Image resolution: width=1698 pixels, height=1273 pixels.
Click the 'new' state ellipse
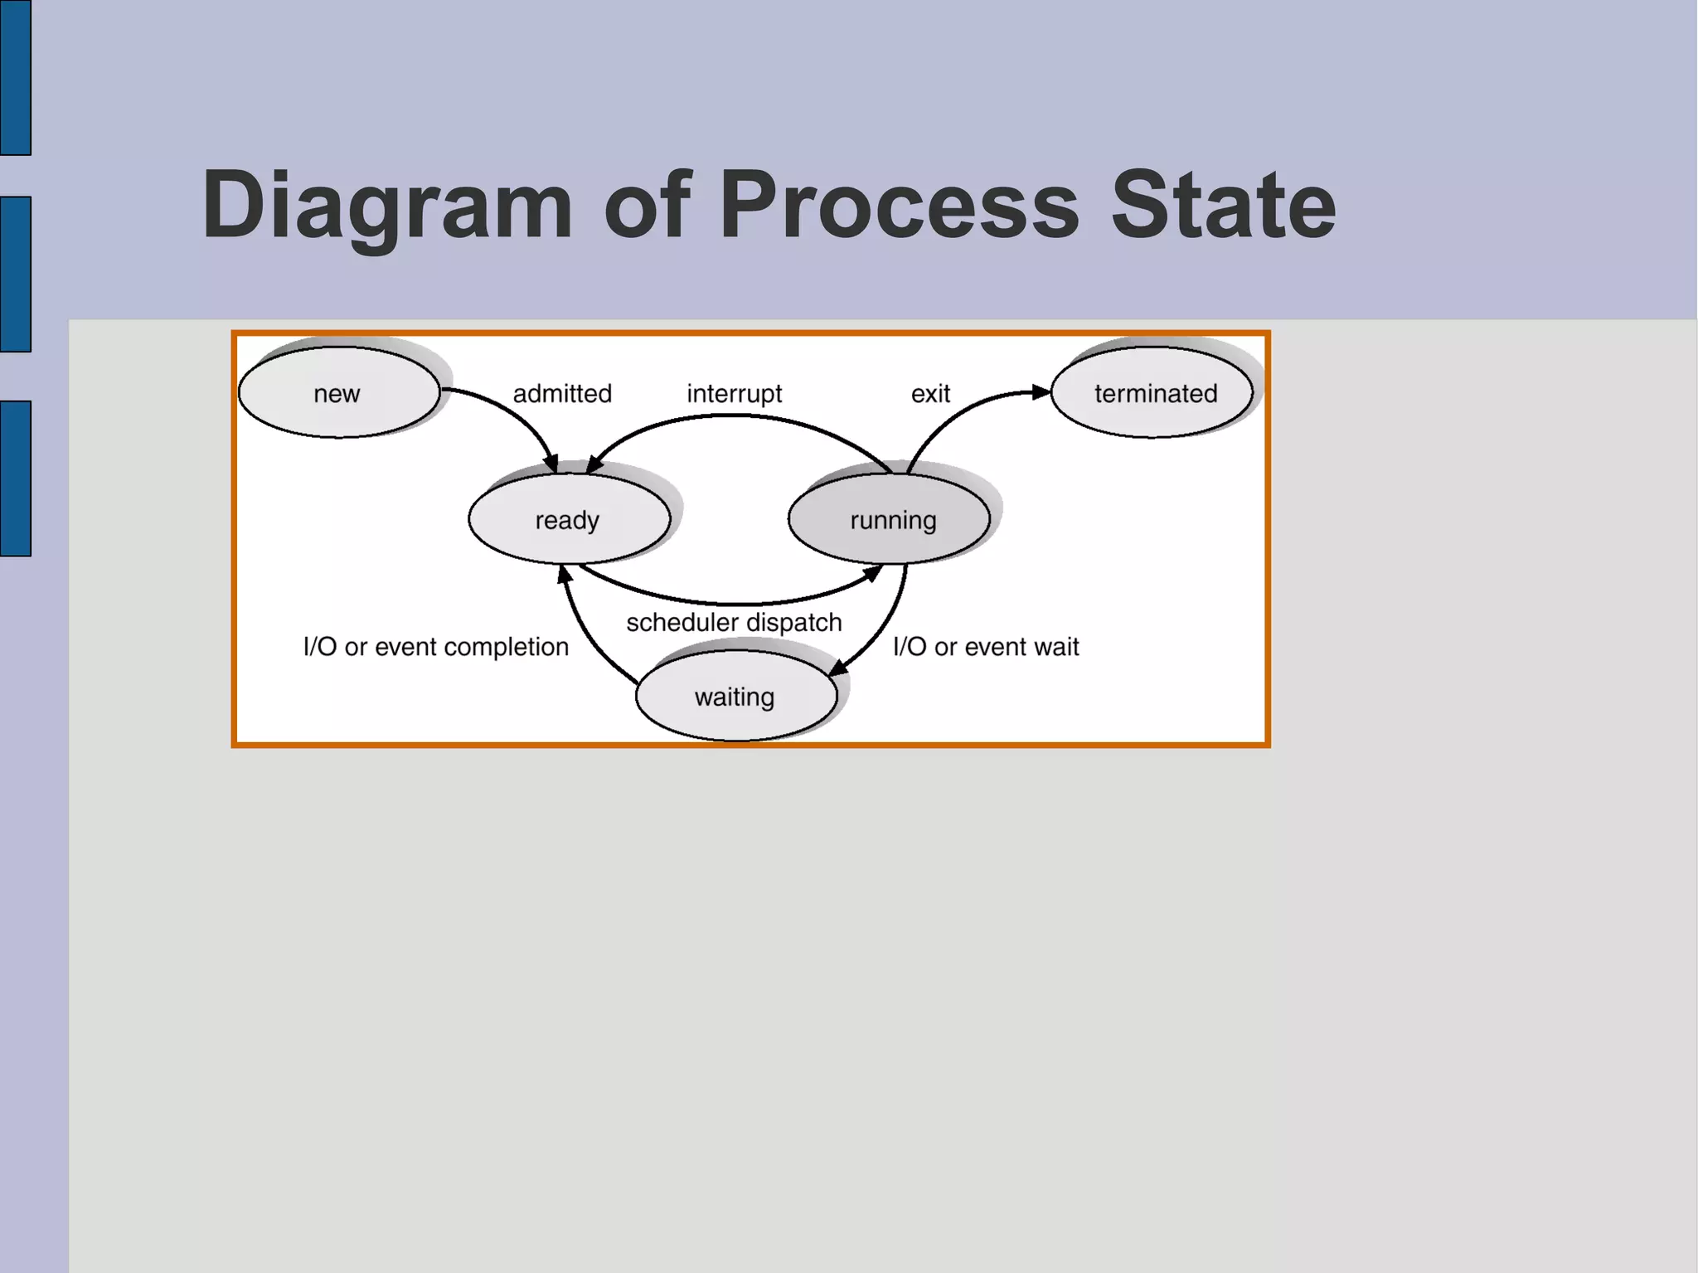point(338,392)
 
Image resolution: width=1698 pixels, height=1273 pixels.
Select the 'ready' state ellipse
point(569,519)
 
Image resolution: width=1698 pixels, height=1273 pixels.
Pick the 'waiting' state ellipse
point(735,696)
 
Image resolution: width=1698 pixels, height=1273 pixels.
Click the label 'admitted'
point(562,393)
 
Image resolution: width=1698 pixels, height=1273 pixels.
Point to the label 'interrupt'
point(734,393)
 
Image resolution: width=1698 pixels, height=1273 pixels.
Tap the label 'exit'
point(930,393)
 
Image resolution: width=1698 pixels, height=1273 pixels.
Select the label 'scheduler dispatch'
point(734,622)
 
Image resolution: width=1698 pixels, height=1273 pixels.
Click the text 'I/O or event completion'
point(435,646)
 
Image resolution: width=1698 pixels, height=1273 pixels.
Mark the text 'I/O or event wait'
point(986,646)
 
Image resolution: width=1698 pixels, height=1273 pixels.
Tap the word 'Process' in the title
point(899,205)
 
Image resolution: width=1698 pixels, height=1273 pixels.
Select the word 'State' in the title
point(1223,205)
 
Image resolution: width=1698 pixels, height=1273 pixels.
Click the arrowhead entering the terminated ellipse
point(1041,392)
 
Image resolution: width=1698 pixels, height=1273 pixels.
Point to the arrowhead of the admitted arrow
point(551,464)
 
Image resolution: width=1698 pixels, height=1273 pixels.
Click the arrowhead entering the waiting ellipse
point(838,668)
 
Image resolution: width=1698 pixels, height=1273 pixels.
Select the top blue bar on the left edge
point(15,77)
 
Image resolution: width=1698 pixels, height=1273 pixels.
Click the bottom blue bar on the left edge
point(15,479)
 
